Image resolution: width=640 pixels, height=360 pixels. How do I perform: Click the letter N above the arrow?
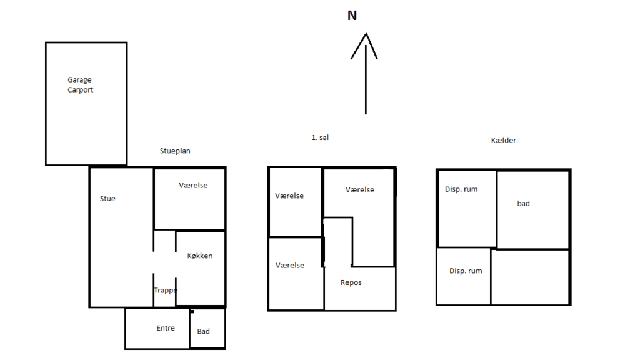click(x=352, y=16)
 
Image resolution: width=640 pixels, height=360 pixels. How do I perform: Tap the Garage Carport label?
click(x=81, y=85)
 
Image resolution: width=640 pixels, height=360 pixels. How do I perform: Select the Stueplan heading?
click(x=175, y=151)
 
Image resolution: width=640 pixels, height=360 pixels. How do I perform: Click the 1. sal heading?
click(x=320, y=137)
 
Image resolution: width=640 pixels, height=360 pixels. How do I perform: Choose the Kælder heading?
click(x=504, y=141)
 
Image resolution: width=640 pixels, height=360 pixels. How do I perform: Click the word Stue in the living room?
click(x=107, y=199)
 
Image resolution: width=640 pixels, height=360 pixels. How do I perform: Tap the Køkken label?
click(x=200, y=256)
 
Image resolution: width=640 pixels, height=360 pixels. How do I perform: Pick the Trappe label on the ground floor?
click(x=166, y=290)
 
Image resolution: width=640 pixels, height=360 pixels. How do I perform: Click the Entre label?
click(x=166, y=328)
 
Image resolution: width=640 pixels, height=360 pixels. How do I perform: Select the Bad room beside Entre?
click(x=204, y=331)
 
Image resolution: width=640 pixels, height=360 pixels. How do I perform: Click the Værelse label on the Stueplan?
click(x=193, y=186)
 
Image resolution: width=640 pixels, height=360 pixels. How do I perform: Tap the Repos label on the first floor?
click(x=351, y=282)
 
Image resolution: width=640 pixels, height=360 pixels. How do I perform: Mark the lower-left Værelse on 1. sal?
click(x=290, y=266)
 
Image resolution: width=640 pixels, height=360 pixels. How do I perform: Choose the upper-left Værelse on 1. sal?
click(x=289, y=196)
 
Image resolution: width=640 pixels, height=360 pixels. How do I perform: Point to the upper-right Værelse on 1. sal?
click(x=360, y=190)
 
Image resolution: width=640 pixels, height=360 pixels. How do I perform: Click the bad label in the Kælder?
click(x=524, y=204)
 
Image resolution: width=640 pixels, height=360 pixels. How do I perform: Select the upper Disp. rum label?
click(x=461, y=189)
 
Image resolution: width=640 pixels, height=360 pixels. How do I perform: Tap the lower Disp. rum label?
click(x=466, y=271)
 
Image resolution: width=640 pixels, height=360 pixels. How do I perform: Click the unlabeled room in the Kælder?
click(x=530, y=277)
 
